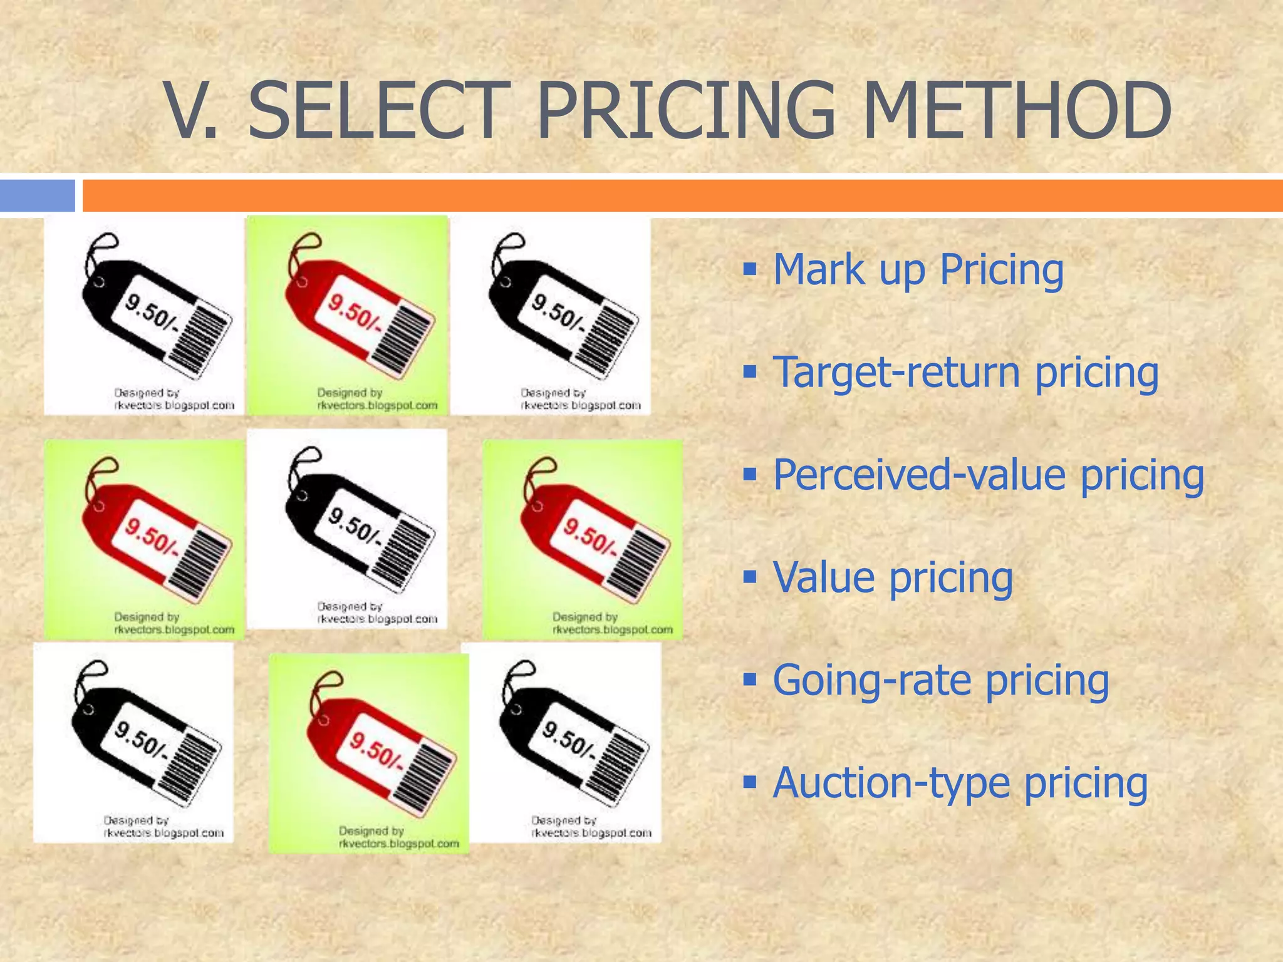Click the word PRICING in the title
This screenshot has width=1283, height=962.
(686, 111)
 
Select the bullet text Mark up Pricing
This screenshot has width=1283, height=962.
(918, 271)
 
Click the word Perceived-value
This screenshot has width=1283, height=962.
(918, 475)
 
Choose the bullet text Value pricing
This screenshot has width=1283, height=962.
(892, 577)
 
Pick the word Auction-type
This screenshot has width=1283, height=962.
(890, 783)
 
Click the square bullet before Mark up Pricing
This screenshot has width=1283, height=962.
(750, 270)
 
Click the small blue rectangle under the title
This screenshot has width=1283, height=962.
(37, 195)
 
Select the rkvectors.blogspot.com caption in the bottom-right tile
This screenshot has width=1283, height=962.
(591, 834)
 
